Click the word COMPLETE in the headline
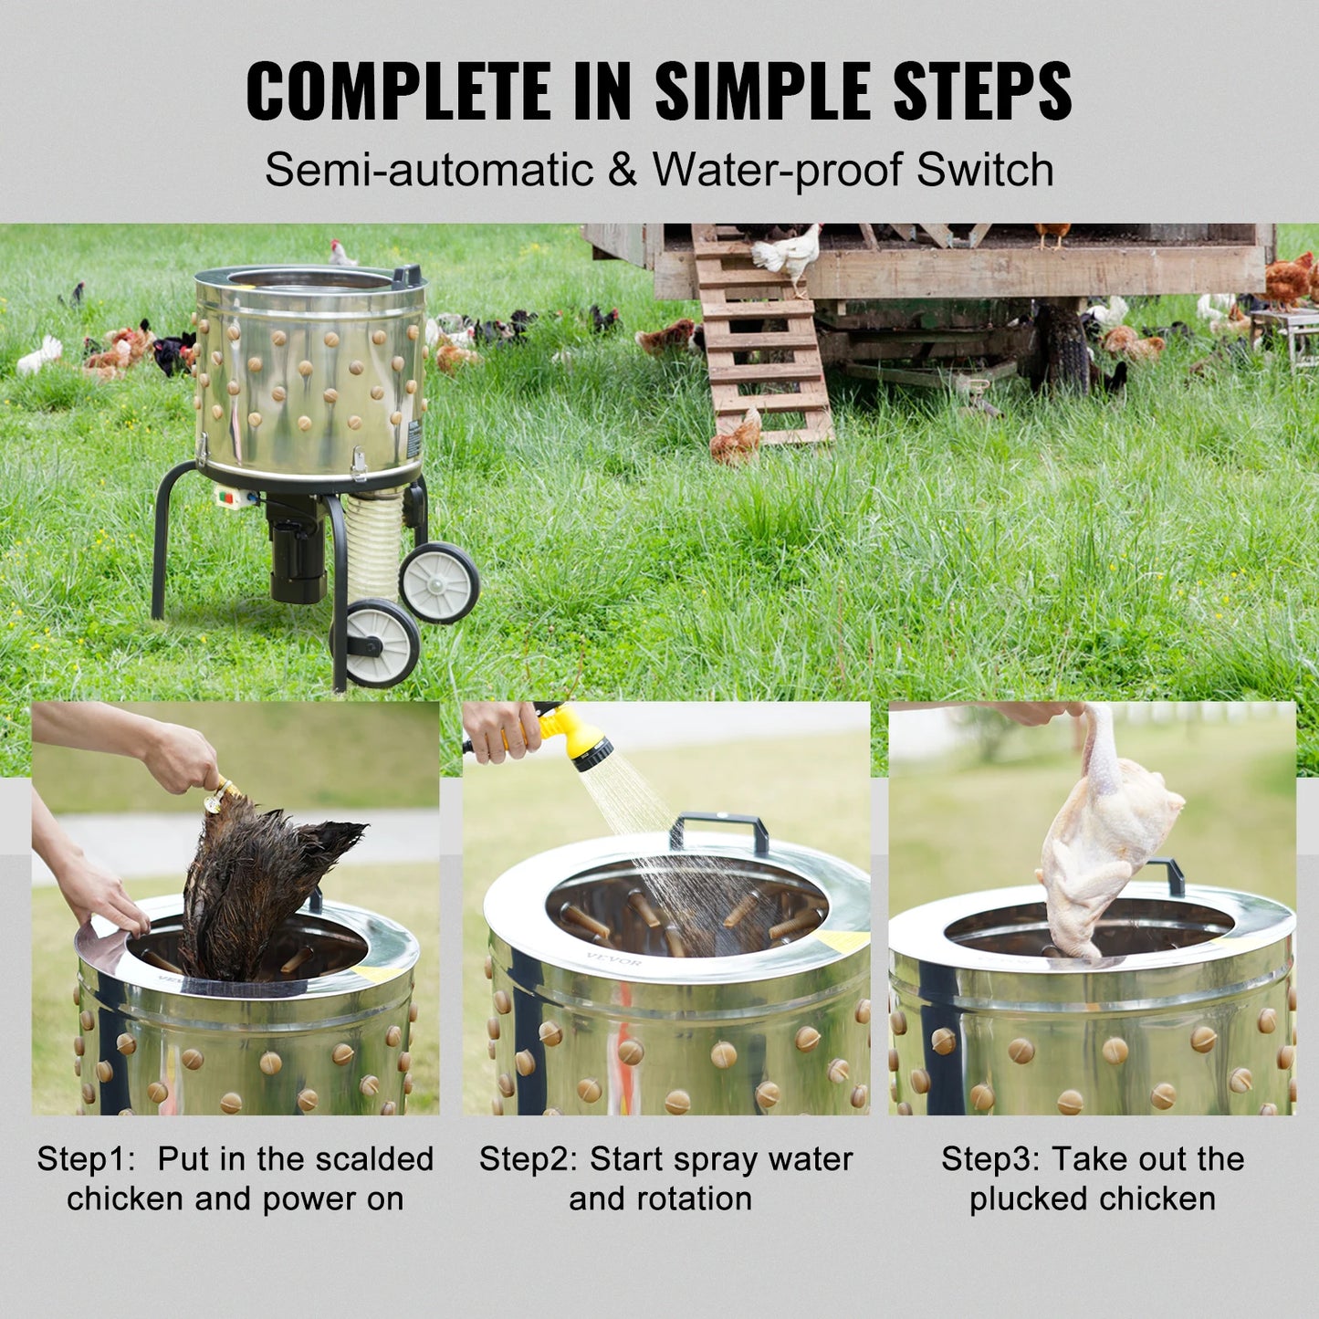(x=398, y=90)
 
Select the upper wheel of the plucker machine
(x=440, y=582)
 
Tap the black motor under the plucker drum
(x=297, y=552)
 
